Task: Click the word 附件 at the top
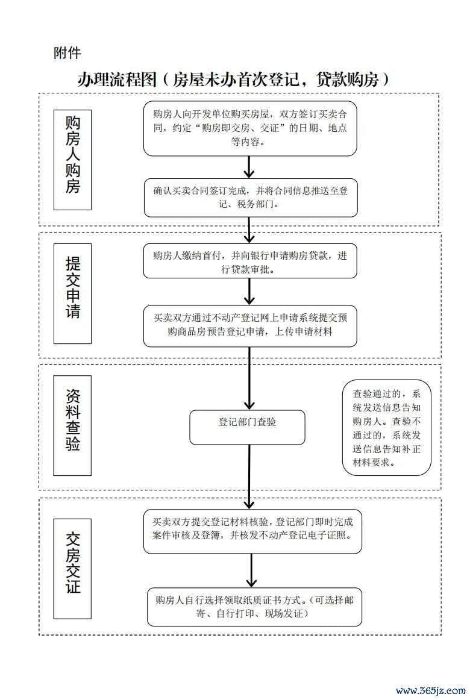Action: (x=67, y=52)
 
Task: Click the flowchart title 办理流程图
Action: (x=117, y=80)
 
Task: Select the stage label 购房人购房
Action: (x=72, y=160)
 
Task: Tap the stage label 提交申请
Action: (x=72, y=293)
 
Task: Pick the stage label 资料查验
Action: (x=72, y=425)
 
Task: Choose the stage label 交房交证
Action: (x=72, y=568)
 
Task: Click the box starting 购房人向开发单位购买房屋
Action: (x=250, y=128)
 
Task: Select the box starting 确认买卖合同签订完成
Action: (x=251, y=198)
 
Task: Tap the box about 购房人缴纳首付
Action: (x=250, y=262)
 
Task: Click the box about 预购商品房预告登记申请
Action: (x=250, y=326)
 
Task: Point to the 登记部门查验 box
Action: (x=247, y=427)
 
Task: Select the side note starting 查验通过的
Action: (x=386, y=427)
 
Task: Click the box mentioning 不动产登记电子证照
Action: (x=252, y=531)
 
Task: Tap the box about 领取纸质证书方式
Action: (x=254, y=607)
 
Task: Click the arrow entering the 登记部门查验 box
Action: (x=249, y=378)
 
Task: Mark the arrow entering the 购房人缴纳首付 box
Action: (x=249, y=230)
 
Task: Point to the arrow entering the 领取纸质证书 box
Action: (x=251, y=570)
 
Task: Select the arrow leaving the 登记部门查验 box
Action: (x=249, y=477)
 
